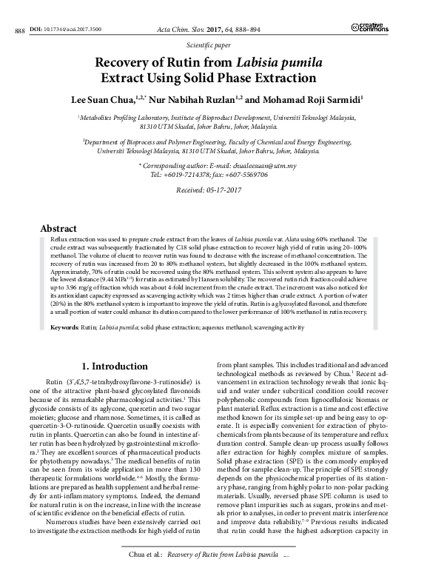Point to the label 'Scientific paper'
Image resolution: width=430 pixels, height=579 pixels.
[215, 45]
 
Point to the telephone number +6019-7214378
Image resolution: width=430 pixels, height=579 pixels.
[183, 175]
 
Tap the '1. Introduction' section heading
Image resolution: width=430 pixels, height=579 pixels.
[115, 367]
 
